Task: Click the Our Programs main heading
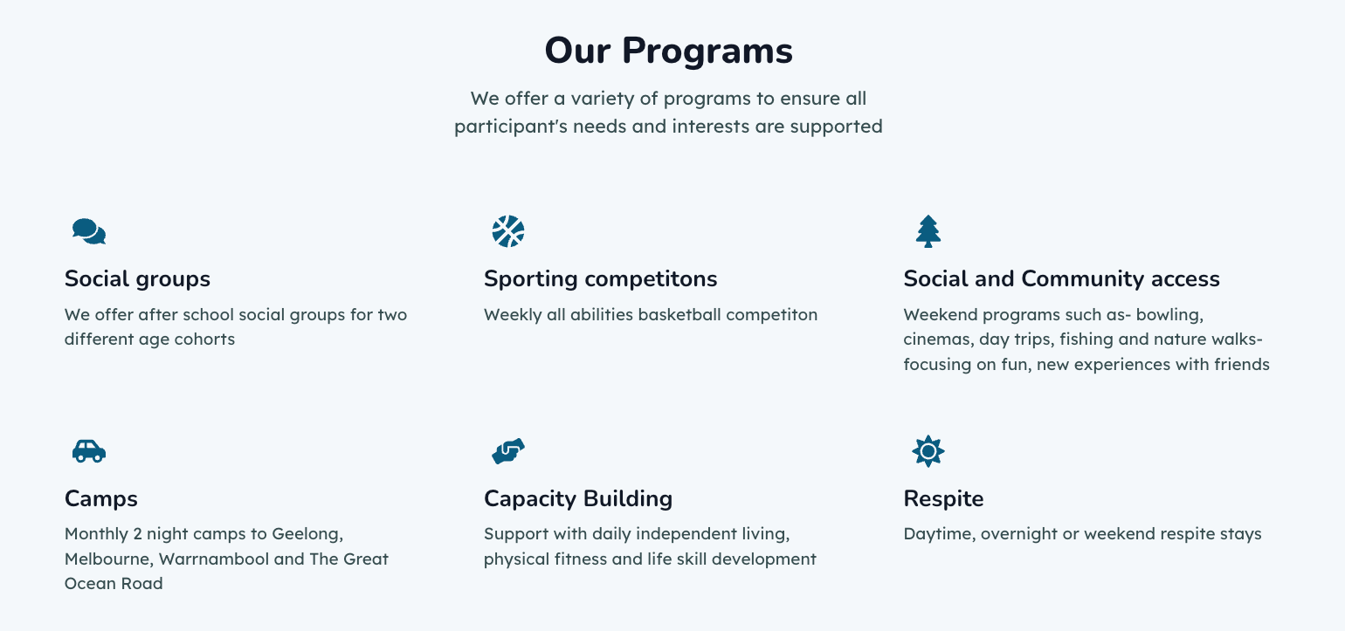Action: (668, 51)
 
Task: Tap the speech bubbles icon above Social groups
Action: (89, 231)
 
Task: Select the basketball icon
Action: (508, 231)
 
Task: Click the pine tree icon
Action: (928, 231)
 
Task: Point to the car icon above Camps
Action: (89, 451)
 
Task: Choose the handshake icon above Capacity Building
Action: (508, 451)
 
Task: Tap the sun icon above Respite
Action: (928, 451)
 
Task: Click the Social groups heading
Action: (137, 279)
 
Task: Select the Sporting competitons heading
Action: (601, 279)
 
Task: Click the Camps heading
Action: (101, 499)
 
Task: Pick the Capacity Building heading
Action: (578, 499)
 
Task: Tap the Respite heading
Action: (943, 499)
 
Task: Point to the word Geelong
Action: (307, 534)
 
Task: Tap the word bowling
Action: (1169, 316)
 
